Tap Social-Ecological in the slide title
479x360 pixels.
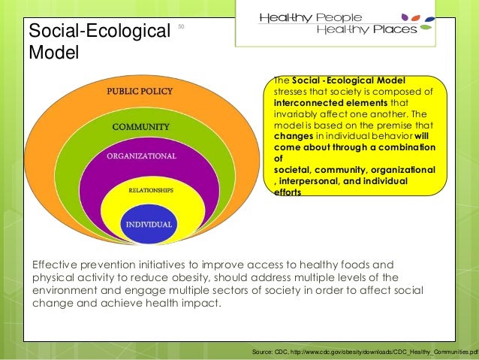(96, 32)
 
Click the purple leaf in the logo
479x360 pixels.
(408, 15)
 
